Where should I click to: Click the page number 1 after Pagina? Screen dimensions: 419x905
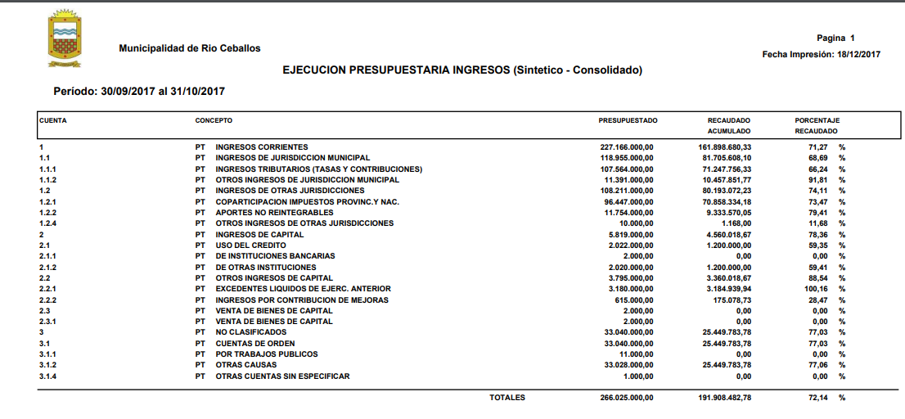pyautogui.click(x=852, y=38)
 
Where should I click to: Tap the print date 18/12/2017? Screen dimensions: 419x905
pyautogui.click(x=858, y=54)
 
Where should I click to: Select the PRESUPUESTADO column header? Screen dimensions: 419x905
pyautogui.click(x=628, y=120)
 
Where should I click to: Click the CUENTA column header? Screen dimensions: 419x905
pyautogui.click(x=53, y=120)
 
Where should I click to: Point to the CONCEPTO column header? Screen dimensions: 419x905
pyautogui.click(x=214, y=120)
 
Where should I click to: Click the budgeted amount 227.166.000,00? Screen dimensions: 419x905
pyautogui.click(x=626, y=146)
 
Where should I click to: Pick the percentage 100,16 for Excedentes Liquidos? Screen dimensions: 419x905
pyautogui.click(x=817, y=289)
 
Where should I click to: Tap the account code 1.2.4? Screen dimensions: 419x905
pyautogui.click(x=47, y=223)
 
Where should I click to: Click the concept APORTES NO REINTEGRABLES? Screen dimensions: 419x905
pyautogui.click(x=269, y=212)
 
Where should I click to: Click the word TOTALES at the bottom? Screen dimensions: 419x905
pyautogui.click(x=507, y=398)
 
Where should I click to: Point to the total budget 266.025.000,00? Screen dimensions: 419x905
pyautogui.click(x=626, y=398)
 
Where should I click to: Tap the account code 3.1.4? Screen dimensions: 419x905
pyautogui.click(x=47, y=376)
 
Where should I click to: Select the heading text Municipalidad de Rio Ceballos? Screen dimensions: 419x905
pyautogui.click(x=190, y=48)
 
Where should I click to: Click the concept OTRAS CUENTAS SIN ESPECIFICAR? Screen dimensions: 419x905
pyautogui.click(x=282, y=376)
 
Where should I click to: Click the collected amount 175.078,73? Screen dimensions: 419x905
pyautogui.click(x=727, y=300)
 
